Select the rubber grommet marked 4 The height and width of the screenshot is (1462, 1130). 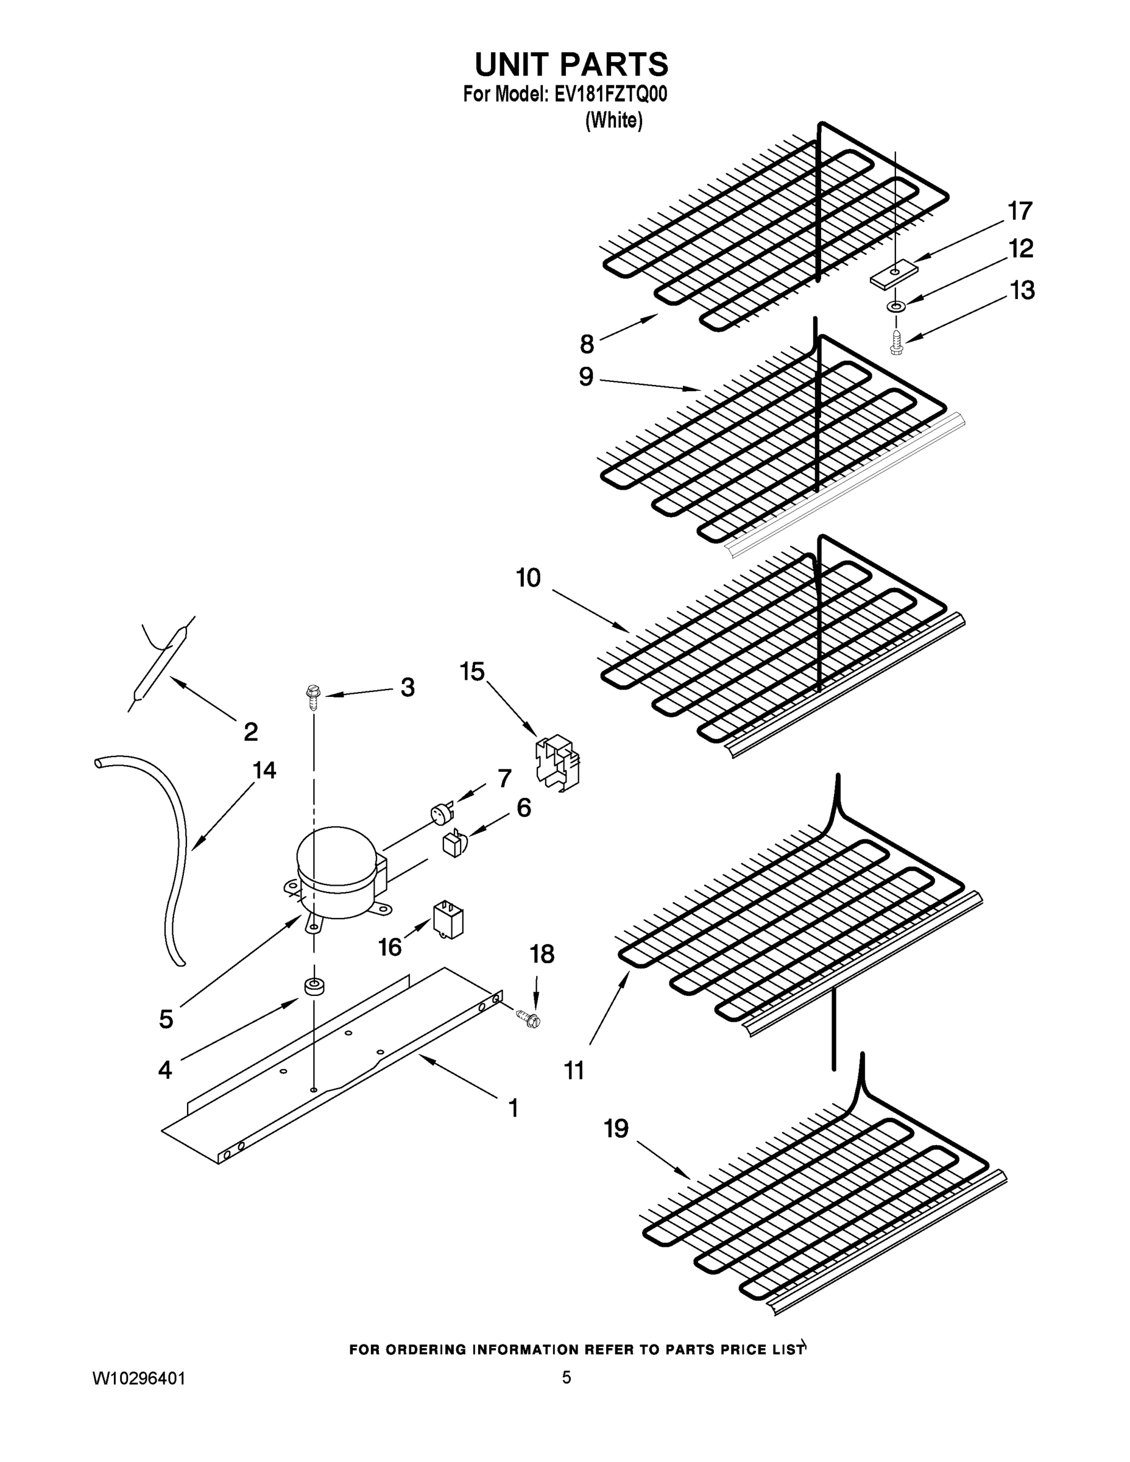click(312, 987)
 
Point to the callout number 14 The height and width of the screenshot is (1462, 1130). click(264, 771)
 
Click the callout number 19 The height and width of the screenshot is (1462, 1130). click(616, 1129)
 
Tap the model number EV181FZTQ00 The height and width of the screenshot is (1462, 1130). click(610, 94)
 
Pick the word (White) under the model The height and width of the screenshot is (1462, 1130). click(613, 121)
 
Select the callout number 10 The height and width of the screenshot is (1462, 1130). click(528, 577)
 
